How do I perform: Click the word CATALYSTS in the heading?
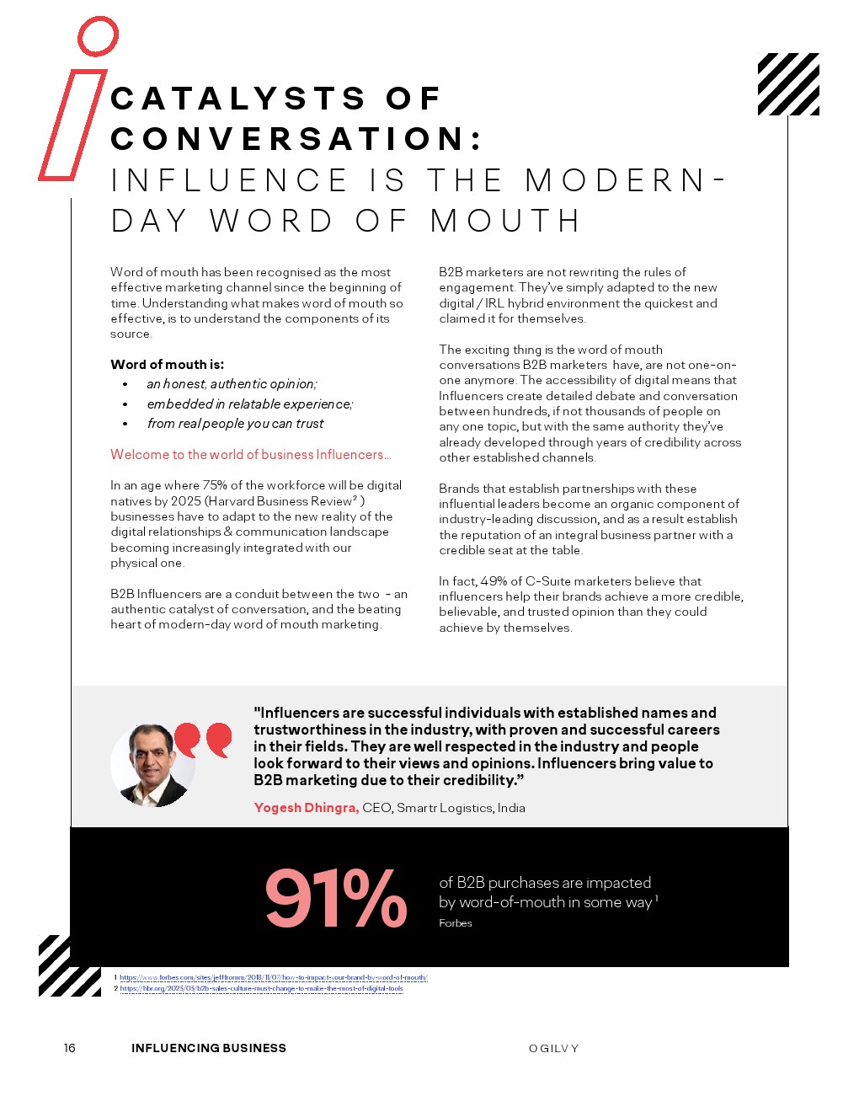(238, 99)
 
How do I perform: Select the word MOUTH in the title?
(505, 221)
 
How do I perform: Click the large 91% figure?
(336, 898)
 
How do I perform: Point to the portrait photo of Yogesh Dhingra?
(152, 765)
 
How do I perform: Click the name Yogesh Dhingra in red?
(307, 808)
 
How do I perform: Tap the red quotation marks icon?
(203, 739)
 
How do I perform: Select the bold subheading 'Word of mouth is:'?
(167, 365)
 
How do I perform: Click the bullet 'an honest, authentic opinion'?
(232, 384)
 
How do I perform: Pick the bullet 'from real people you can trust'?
(235, 424)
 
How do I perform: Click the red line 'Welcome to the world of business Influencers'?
(250, 455)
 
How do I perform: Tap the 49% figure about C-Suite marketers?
(494, 581)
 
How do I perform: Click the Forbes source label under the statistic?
(456, 923)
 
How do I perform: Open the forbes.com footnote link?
(273, 978)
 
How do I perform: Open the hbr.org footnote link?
(261, 989)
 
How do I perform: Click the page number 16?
(70, 1048)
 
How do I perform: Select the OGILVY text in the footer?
(553, 1049)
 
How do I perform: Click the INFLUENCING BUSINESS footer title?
(209, 1048)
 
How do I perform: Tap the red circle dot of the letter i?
(98, 36)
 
